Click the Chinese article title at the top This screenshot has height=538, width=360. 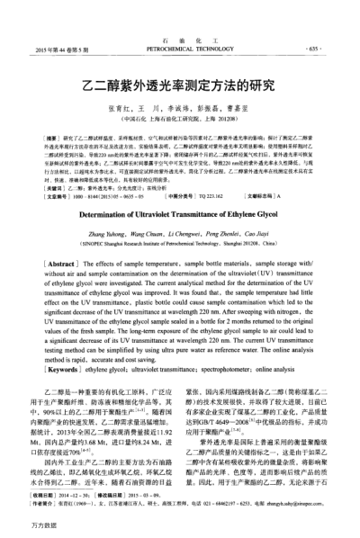pos(180,79)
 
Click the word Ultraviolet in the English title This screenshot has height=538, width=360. pos(157,214)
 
